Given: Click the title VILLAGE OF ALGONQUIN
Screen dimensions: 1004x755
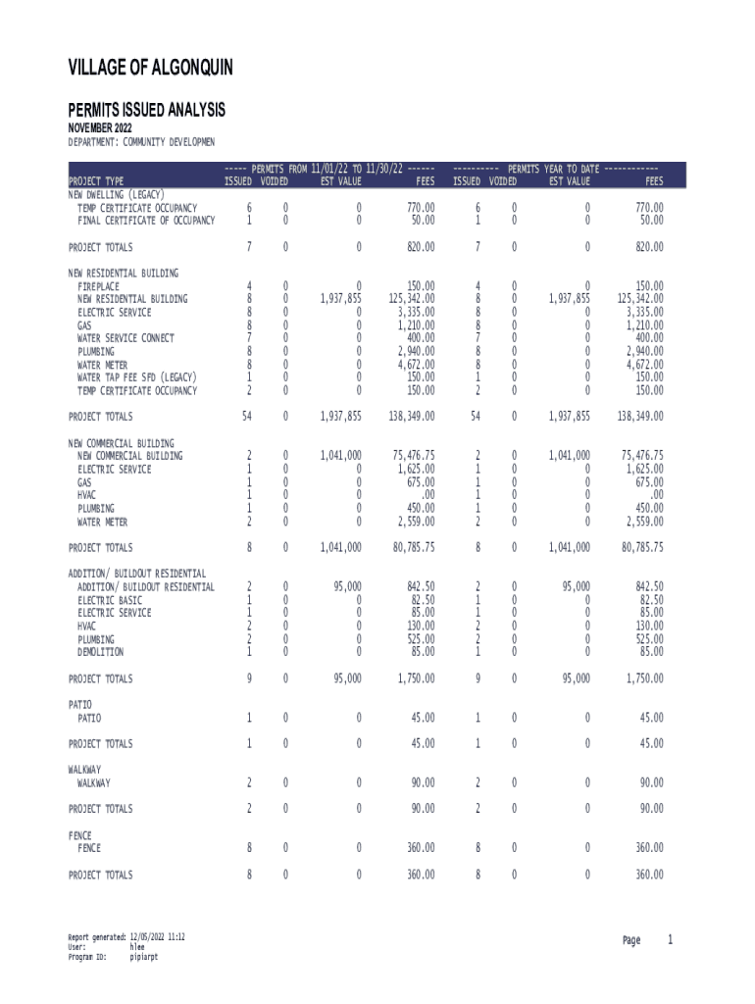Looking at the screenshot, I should [x=150, y=68].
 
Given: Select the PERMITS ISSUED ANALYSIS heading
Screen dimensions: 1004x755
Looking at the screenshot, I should [x=146, y=110].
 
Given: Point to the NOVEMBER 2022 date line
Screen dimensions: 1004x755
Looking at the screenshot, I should [x=99, y=128].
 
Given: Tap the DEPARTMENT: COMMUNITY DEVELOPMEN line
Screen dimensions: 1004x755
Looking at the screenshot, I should [x=140, y=142].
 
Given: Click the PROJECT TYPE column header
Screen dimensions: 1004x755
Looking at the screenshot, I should [x=96, y=181].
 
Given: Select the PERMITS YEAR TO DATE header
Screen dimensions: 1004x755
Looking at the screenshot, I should [x=555, y=169].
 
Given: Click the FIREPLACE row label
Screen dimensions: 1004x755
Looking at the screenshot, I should [x=99, y=286].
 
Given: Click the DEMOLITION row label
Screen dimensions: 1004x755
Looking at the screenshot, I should [x=101, y=652].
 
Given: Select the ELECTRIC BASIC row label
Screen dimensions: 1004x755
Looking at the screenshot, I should [x=110, y=600].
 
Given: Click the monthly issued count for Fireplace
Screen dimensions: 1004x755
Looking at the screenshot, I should [x=249, y=286].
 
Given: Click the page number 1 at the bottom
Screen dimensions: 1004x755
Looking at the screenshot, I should [x=671, y=941].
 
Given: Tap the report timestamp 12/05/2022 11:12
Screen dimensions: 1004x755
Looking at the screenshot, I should [x=158, y=937].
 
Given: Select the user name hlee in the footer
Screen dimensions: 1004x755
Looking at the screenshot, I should [x=137, y=947].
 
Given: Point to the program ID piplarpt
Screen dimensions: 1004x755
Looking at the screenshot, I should [x=144, y=957].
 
